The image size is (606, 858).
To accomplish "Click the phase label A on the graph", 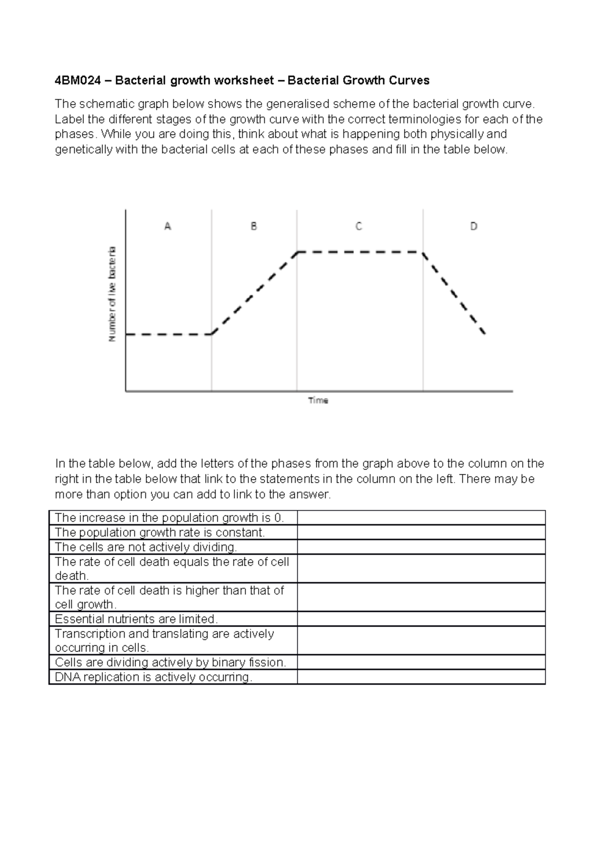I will pyautogui.click(x=168, y=226).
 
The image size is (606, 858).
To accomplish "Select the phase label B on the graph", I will pyautogui.click(x=254, y=226).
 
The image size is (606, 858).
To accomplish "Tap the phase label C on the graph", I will pyautogui.click(x=359, y=226).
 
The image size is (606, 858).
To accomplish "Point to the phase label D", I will pyautogui.click(x=474, y=226).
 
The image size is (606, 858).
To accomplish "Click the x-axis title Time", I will pyautogui.click(x=318, y=400).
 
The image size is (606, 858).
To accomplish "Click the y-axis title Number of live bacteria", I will pyautogui.click(x=112, y=294).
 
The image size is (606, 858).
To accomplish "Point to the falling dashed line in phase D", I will pyautogui.click(x=453, y=293).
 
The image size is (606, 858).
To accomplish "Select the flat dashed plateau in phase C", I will pyautogui.click(x=360, y=252).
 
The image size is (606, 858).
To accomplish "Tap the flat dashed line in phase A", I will pyautogui.click(x=168, y=335).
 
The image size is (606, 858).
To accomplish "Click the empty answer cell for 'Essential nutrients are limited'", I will pyautogui.click(x=421, y=619).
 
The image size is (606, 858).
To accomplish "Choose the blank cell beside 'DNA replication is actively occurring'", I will pyautogui.click(x=421, y=677).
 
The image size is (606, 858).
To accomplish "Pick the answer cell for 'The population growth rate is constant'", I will pyautogui.click(x=421, y=532).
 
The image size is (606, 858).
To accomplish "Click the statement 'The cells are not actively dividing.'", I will pyautogui.click(x=145, y=547).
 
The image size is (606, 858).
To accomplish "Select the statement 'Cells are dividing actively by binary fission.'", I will pyautogui.click(x=170, y=662).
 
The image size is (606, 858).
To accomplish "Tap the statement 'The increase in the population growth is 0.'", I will pyautogui.click(x=169, y=518).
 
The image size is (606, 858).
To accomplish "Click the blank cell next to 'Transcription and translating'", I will pyautogui.click(x=421, y=641).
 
